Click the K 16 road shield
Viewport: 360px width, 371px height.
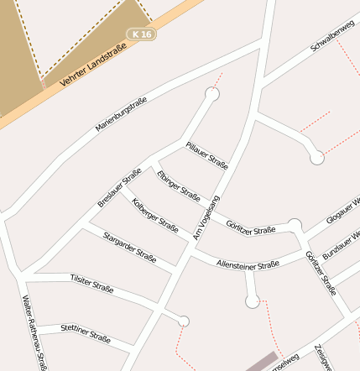(x=142, y=34)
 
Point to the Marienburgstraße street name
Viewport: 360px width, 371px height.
(x=121, y=113)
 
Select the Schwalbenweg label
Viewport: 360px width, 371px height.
(x=332, y=36)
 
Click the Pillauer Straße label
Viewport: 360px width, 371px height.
(x=207, y=155)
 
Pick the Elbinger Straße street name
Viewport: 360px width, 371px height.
(x=178, y=186)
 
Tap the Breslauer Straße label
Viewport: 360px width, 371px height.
(x=119, y=188)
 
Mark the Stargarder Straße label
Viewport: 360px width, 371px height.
(x=129, y=248)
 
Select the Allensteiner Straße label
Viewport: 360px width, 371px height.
(x=248, y=264)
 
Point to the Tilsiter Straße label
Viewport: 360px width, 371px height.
(x=91, y=285)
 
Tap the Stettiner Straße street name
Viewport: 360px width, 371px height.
(x=86, y=333)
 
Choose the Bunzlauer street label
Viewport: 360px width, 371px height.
(x=342, y=241)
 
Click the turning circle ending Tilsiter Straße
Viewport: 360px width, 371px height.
(x=184, y=321)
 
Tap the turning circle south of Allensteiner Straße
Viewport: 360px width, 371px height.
(x=252, y=300)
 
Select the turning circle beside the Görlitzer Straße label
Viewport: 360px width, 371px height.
(x=295, y=225)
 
